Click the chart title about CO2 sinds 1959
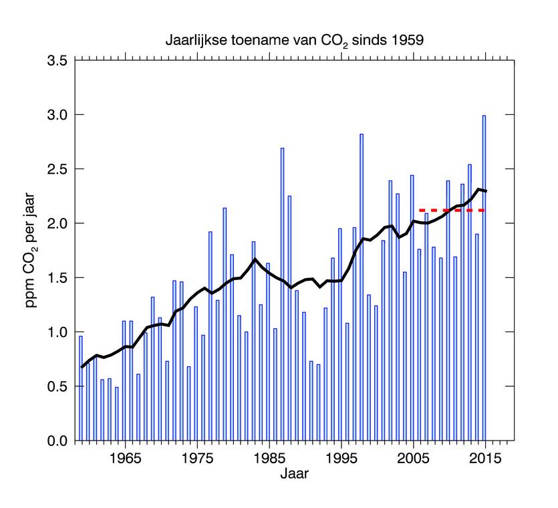tap(295, 40)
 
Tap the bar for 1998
tap(362, 287)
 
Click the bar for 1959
tap(80, 388)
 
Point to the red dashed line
tap(451, 210)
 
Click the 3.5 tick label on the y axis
tap(57, 61)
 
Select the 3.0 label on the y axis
tap(57, 115)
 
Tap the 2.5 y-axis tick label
tap(57, 169)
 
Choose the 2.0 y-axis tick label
tap(57, 223)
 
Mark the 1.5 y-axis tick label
tap(57, 278)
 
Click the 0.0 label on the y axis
tap(57, 441)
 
